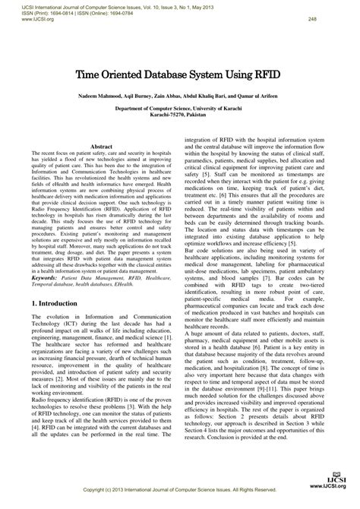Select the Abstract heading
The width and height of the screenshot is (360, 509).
coord(102,124)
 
